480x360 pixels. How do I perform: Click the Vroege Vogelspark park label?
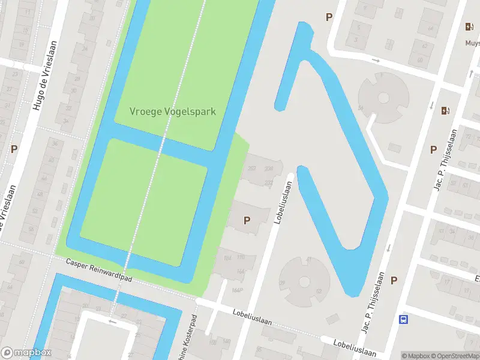pos(173,112)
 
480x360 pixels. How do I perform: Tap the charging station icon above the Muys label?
pos(469,26)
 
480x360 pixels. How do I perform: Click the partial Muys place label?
pos(472,43)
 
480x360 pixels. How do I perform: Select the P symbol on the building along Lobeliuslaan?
pos(247,220)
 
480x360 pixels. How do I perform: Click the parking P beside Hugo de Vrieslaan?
pos(13,148)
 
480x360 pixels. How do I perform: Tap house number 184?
pos(227,258)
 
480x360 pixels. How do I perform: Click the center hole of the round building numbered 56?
pos(383,97)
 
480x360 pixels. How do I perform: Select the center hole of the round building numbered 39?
pos(305,281)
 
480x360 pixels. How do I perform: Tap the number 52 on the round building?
pos(318,291)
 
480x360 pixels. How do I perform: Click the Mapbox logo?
pos(26,353)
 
